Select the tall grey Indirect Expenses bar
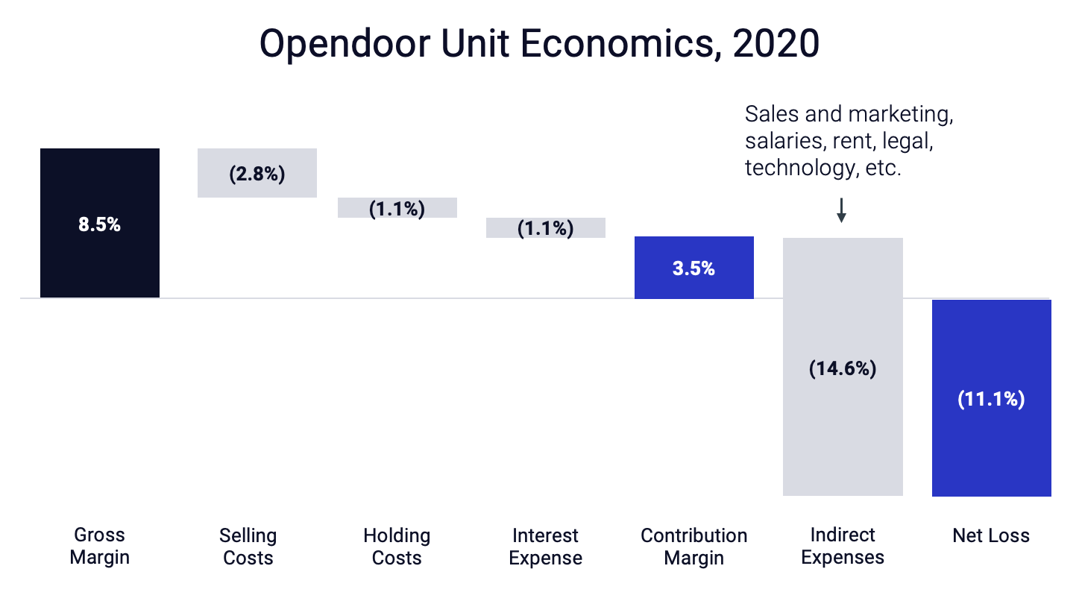coord(843,432)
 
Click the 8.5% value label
coord(99,224)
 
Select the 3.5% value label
coord(693,269)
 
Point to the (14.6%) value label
coord(843,368)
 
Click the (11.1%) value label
coord(991,399)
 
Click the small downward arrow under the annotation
coord(841,210)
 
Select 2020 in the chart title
coord(776,45)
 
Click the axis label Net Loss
coord(991,535)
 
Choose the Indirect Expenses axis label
coord(843,546)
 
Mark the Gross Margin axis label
coord(99,546)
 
